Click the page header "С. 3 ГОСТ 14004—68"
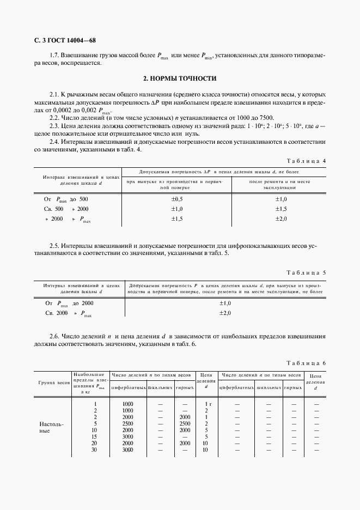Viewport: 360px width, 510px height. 65,41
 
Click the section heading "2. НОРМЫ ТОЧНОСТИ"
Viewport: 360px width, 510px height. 180,78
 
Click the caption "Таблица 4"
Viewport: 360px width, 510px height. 306,161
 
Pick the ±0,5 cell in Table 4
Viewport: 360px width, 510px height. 177,199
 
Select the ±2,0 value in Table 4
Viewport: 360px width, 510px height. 280,218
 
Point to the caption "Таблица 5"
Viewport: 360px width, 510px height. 306,272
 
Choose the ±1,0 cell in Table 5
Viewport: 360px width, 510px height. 225,303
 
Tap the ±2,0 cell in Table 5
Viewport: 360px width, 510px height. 225,313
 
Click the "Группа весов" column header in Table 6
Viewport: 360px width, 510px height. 53,384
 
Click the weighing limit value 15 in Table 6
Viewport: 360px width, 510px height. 95,436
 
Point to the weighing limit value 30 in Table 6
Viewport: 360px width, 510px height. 95,450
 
